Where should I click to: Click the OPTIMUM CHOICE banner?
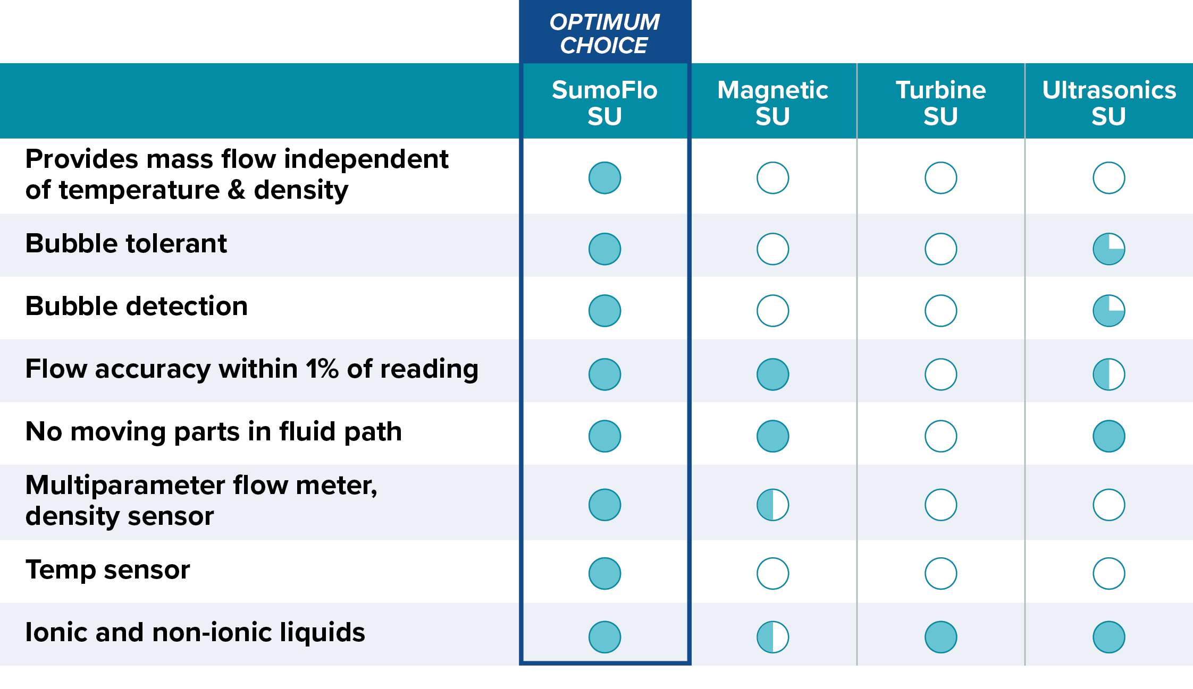coord(604,33)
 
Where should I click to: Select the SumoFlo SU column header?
coord(604,103)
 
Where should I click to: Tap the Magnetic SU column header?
coord(772,103)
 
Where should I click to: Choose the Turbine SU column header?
coord(940,103)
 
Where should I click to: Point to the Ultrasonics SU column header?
coord(1109,103)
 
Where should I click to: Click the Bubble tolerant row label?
coord(126,244)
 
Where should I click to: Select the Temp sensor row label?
coord(107,570)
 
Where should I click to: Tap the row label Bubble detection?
coord(137,307)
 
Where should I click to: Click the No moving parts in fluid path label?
coord(213,432)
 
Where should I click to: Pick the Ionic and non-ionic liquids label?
coord(195,633)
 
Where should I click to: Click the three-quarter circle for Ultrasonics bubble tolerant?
coord(1109,249)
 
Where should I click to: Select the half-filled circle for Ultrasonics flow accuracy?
coord(1109,374)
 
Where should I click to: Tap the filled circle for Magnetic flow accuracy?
coord(772,374)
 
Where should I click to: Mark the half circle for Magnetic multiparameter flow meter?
coord(772,505)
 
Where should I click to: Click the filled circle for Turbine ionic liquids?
coord(940,637)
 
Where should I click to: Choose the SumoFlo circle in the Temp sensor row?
coord(604,573)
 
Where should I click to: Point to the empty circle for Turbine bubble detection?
coord(940,310)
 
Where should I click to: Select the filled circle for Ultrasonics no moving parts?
coord(1109,436)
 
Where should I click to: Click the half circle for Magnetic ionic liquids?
coord(772,637)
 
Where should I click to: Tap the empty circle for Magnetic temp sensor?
coord(772,573)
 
